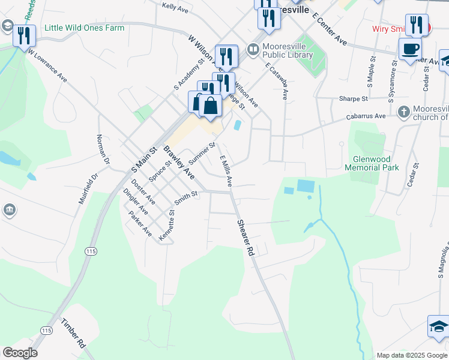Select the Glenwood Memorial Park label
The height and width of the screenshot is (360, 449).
click(x=372, y=163)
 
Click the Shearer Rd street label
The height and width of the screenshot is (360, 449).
click(x=247, y=237)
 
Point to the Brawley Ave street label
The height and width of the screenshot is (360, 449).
click(x=179, y=162)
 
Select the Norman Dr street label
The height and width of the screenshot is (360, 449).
click(x=103, y=149)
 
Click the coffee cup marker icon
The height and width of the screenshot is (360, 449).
click(x=410, y=48)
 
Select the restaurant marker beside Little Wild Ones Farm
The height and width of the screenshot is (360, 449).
click(x=24, y=35)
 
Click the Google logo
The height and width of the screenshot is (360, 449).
click(x=20, y=353)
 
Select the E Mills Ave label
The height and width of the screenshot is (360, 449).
click(x=226, y=170)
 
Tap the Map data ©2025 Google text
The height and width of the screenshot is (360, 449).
click(x=412, y=355)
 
